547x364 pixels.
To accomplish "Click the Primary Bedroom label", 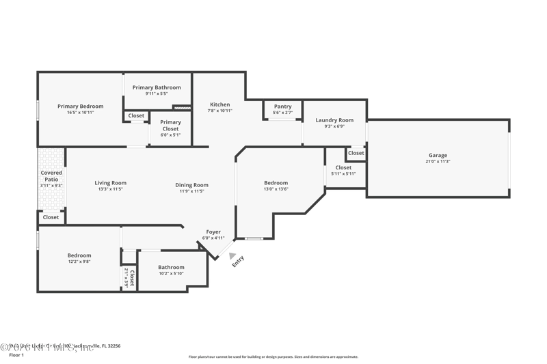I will [80, 107].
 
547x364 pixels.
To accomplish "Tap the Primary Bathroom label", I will [157, 87].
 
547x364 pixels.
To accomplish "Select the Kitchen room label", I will [219, 104].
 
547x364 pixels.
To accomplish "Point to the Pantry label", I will [282, 107].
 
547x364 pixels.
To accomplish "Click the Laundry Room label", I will [334, 120].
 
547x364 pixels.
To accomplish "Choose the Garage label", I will [438, 156].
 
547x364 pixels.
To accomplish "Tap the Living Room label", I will [110, 183].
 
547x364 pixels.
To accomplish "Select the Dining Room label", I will [191, 185].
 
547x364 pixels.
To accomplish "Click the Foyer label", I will [213, 232].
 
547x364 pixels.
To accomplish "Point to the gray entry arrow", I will [232, 255].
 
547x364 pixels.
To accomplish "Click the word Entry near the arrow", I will [238, 261].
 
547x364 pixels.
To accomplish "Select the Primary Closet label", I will [170, 126].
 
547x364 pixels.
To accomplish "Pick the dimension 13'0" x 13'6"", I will [276, 189].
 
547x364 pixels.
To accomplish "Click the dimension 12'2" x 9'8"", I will [79, 262].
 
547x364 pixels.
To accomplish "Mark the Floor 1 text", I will [16, 355].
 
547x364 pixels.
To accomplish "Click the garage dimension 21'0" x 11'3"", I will [438, 163].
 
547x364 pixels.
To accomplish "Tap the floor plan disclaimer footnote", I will [273, 356].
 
